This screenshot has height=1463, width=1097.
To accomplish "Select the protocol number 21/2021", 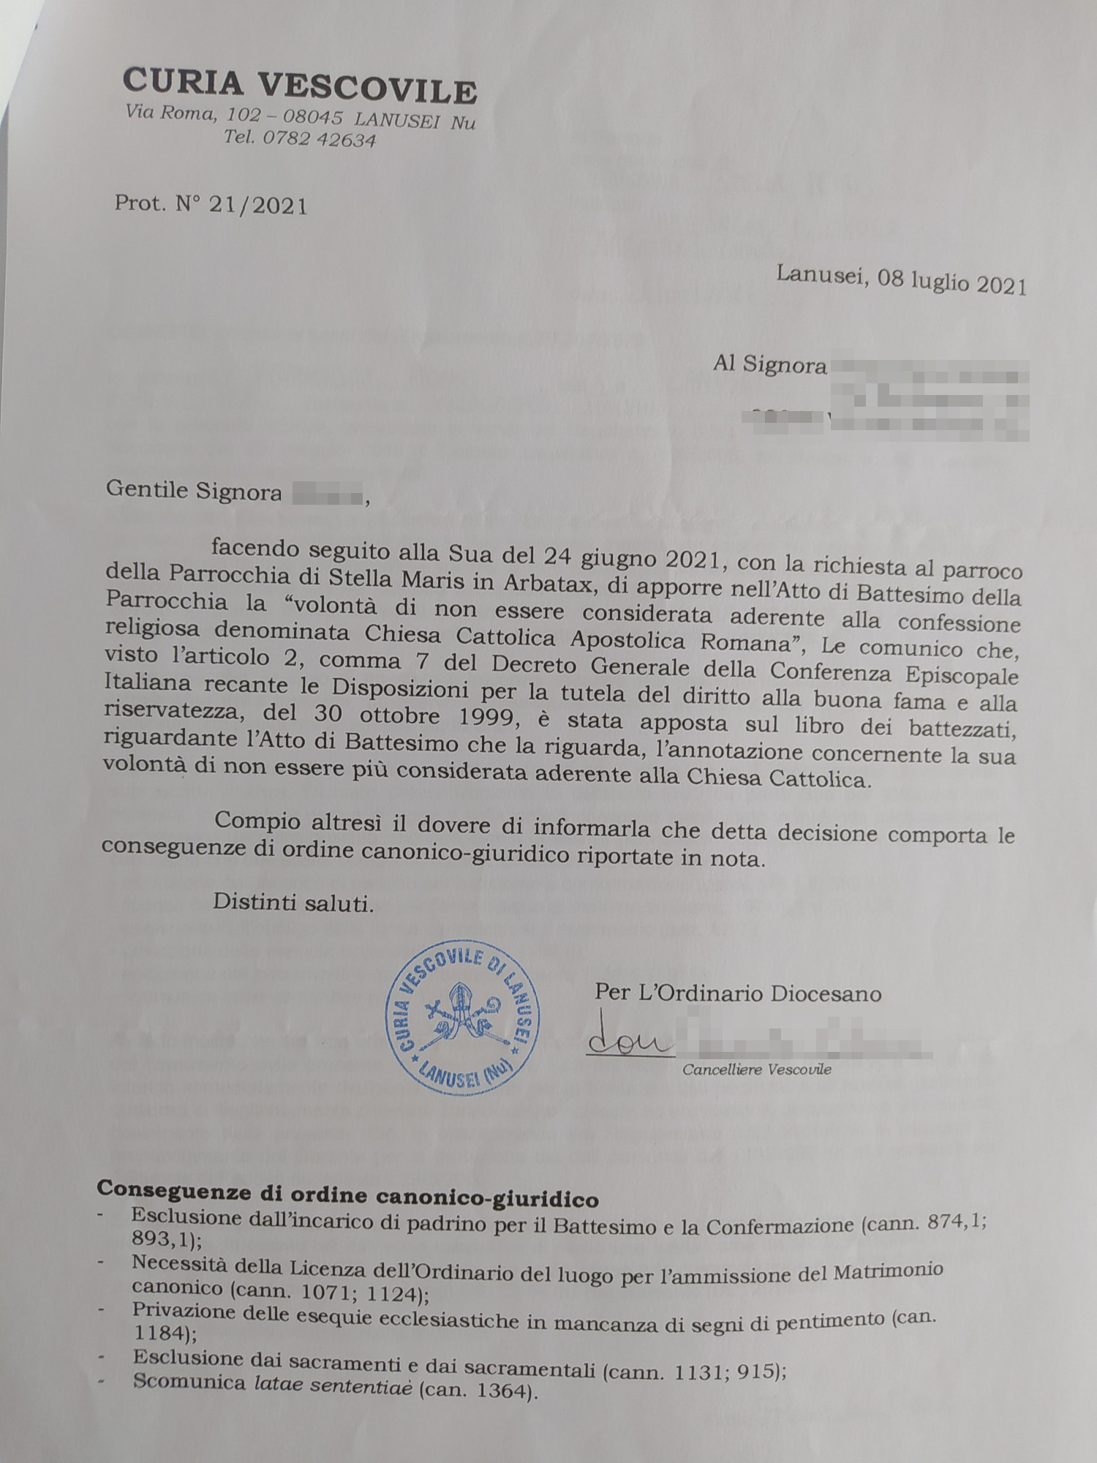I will [257, 206].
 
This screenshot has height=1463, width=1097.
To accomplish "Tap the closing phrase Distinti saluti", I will [293, 903].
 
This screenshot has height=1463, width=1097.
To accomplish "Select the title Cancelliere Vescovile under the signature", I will [757, 1069].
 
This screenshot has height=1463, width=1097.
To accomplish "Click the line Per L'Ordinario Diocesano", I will [738, 993].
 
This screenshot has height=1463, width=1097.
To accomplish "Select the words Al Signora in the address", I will [770, 364].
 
